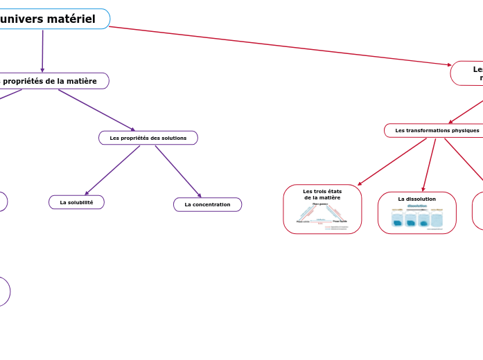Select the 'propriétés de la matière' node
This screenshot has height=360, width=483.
49,81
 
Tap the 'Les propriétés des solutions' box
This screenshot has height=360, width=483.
148,138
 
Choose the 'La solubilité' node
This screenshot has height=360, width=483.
76,202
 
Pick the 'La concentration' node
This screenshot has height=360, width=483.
207,204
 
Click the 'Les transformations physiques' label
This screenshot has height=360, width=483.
437,130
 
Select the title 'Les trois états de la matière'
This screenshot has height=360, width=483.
322,194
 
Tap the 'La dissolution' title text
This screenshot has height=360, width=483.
416,199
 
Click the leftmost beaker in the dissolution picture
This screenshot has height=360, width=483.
397,219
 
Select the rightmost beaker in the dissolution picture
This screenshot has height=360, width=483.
437,219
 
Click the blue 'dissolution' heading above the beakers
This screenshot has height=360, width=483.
416,206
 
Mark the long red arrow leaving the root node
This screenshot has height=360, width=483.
277,46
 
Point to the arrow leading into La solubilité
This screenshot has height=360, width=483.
111,170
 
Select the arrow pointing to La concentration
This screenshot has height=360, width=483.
178,172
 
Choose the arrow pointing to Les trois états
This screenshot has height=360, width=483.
392,162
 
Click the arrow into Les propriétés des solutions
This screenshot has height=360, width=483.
97,110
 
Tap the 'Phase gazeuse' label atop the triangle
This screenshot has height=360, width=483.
320,204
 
